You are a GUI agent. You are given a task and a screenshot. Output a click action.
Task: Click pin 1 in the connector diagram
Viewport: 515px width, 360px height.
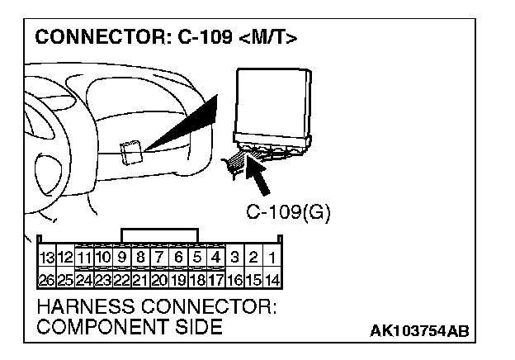[272, 257]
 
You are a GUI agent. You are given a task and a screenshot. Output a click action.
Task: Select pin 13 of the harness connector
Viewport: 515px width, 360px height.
[45, 257]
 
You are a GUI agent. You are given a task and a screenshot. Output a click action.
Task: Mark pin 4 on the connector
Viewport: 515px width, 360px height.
[216, 257]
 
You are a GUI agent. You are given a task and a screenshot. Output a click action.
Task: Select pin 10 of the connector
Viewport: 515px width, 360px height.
[102, 257]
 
